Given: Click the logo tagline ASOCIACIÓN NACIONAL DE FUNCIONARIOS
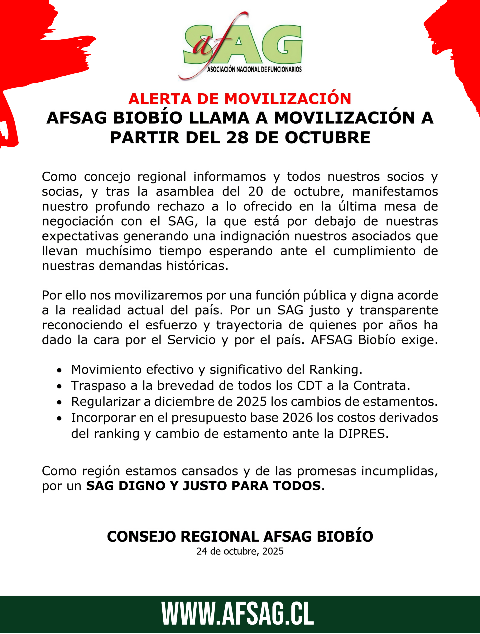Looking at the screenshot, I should tap(254, 69).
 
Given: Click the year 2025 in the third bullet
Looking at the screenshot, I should tap(252, 402).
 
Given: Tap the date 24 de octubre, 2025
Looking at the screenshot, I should tap(240, 551).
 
